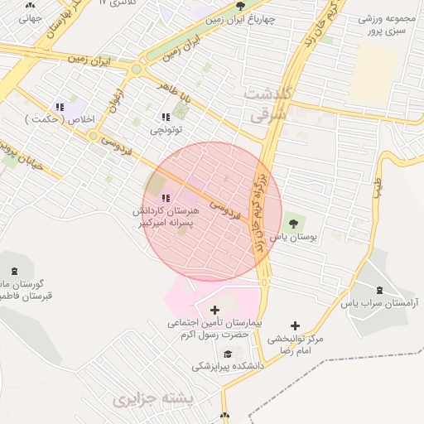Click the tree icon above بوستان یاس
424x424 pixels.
point(292,223)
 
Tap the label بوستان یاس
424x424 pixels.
point(295,237)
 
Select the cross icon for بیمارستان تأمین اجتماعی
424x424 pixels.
point(215,310)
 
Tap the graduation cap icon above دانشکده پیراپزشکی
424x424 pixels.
point(217,353)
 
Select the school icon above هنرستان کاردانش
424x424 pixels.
point(166,198)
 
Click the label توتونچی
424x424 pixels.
point(166,130)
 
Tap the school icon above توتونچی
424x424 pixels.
point(166,117)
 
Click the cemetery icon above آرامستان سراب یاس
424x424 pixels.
point(379,290)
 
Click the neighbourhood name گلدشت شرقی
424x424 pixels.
point(267,105)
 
